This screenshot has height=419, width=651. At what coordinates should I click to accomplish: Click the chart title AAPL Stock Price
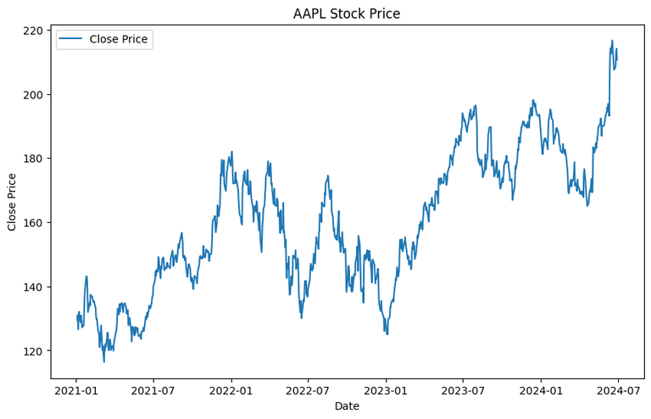pos(347,14)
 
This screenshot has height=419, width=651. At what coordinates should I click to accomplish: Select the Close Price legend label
pos(119,39)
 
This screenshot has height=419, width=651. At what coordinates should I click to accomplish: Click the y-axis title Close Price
pos(12,201)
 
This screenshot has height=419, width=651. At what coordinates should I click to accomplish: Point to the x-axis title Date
pos(347,406)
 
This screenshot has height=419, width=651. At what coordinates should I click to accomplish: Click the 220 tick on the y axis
pos(34,31)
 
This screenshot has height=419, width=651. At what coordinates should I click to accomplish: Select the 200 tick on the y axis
pos(34,94)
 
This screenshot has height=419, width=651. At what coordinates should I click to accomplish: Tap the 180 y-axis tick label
pos(34,159)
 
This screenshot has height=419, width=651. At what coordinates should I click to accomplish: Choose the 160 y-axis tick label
pos(34,222)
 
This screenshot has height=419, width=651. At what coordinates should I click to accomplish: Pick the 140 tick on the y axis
pos(34,287)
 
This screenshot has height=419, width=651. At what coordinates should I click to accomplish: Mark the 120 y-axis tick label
pos(34,350)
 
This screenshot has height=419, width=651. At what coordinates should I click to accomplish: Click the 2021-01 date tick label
pos(76,391)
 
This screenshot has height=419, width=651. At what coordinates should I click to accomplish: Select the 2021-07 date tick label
pos(153,391)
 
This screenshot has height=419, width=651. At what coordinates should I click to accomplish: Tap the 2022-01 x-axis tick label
pos(231,391)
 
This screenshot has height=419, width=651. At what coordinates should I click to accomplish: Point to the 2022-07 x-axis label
pos(308,391)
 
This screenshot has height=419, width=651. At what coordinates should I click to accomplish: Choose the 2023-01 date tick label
pos(386,391)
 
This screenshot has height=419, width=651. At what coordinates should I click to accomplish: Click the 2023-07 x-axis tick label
pos(463,391)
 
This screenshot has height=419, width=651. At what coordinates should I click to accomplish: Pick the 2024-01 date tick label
pos(541,391)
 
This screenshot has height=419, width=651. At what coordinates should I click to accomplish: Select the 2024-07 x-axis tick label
pos(618,391)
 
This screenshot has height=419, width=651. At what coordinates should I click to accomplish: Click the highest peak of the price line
pos(612,41)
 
